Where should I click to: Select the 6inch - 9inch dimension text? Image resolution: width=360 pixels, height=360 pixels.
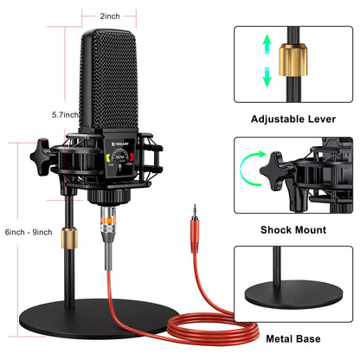point(29,231)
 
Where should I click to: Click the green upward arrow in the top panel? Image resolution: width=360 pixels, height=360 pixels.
point(268,43)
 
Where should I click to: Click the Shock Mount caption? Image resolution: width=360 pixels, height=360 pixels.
point(293,230)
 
